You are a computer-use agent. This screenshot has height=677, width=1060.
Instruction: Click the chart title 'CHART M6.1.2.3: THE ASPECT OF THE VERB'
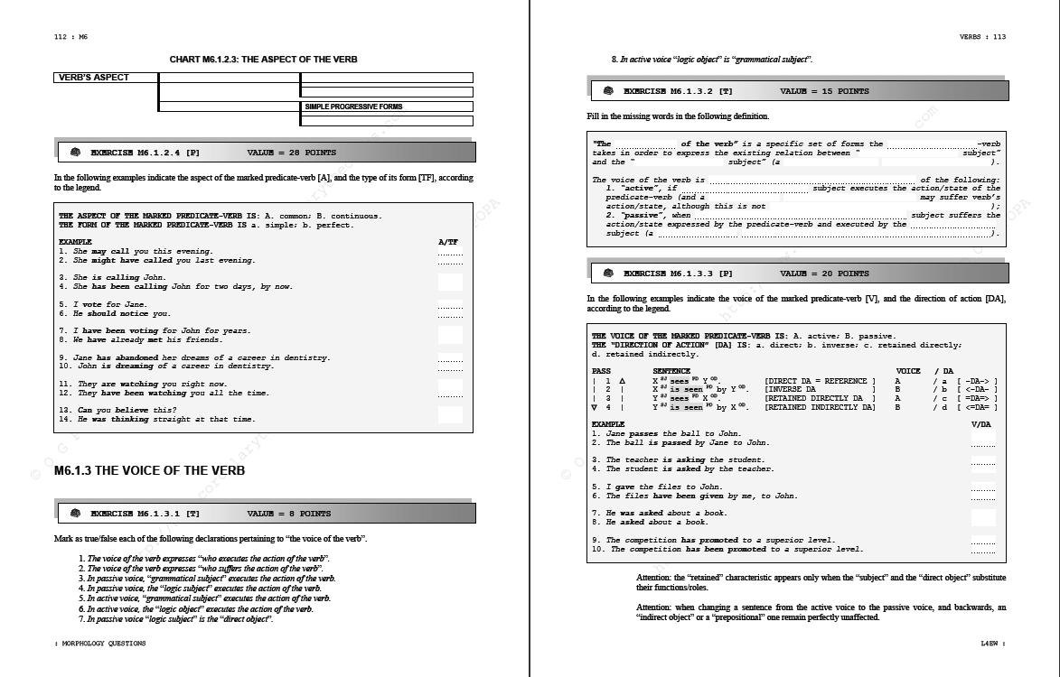[x=263, y=60]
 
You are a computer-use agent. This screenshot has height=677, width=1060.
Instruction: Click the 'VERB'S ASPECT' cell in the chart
[x=94, y=78]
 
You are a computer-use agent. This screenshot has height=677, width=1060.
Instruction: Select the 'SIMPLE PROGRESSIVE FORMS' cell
[x=353, y=107]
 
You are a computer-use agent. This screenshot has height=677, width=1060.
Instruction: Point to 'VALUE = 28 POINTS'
[x=291, y=153]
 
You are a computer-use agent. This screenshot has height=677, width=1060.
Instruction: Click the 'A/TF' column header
[x=448, y=243]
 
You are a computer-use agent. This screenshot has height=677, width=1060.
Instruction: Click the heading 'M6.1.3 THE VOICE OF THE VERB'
[x=149, y=470]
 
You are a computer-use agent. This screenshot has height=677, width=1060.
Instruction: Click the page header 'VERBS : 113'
[x=982, y=37]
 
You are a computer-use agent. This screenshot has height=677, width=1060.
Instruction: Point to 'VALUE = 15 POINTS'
[x=824, y=91]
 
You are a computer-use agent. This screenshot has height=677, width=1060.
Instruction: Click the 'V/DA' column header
[x=980, y=424]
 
